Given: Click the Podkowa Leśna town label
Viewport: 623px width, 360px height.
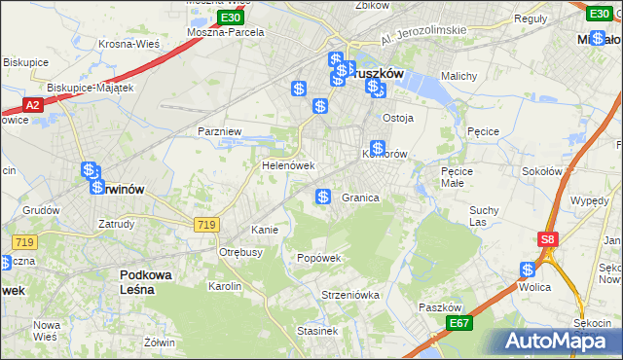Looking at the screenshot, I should click(146, 282).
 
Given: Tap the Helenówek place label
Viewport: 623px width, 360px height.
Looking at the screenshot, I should click(286, 165).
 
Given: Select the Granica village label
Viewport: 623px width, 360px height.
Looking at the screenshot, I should click(360, 198).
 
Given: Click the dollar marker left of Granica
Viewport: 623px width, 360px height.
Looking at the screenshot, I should click(323, 197).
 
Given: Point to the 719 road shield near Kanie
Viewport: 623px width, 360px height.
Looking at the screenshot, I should click(205, 225).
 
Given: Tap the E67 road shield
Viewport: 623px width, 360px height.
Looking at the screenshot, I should click(459, 322).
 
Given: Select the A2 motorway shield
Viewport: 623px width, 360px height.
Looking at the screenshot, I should click(31, 105).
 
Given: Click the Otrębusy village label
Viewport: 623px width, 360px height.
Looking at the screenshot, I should click(241, 252).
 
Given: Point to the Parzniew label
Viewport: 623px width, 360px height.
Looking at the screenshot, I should click(218, 130).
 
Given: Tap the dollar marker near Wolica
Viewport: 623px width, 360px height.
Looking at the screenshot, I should click(529, 270).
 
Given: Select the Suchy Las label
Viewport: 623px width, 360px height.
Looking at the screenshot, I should click(484, 215).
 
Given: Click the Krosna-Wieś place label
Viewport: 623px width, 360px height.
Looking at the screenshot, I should click(128, 44).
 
